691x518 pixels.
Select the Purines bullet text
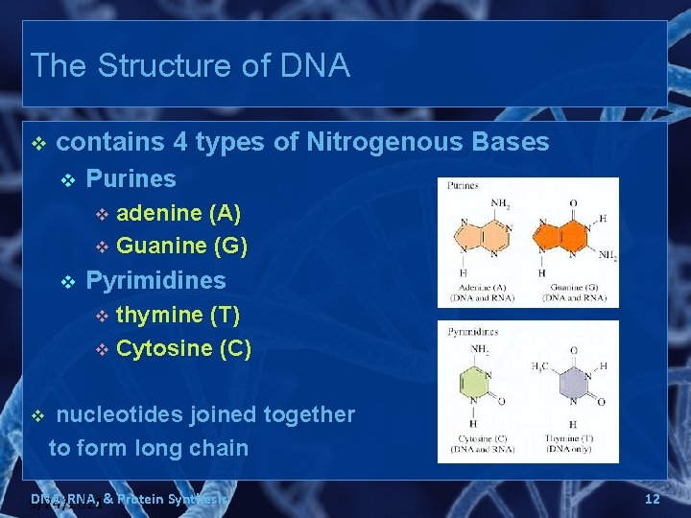coord(131,178)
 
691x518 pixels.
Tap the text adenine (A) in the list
coord(179,212)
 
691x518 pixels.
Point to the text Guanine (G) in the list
coord(181,246)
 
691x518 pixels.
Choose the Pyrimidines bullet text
coord(155,280)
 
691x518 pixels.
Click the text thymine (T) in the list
coord(178,315)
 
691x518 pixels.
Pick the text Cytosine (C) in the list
coord(183,348)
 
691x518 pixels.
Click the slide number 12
coord(652,499)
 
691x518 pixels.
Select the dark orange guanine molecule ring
coord(565,231)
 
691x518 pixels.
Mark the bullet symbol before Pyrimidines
coord(67,281)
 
